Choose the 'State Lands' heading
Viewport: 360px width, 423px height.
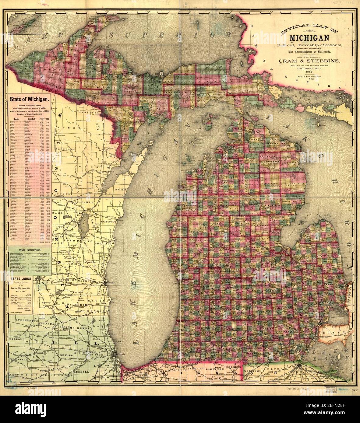tap(23, 278)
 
